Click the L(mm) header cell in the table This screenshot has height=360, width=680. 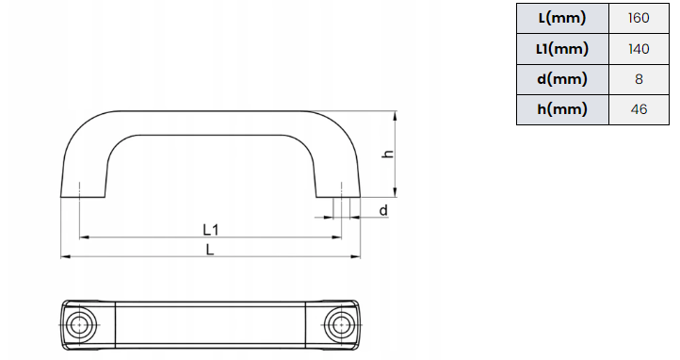[562, 18]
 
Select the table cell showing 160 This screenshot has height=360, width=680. [639, 18]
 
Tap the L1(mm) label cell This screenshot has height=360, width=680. [562, 49]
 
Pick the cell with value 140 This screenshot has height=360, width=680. [639, 49]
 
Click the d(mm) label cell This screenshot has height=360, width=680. [562, 79]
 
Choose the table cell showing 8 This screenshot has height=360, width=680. [639, 79]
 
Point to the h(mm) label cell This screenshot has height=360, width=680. [562, 109]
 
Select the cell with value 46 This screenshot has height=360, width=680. [639, 109]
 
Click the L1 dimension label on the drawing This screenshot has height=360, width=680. [211, 229]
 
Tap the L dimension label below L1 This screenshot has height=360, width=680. [210, 250]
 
